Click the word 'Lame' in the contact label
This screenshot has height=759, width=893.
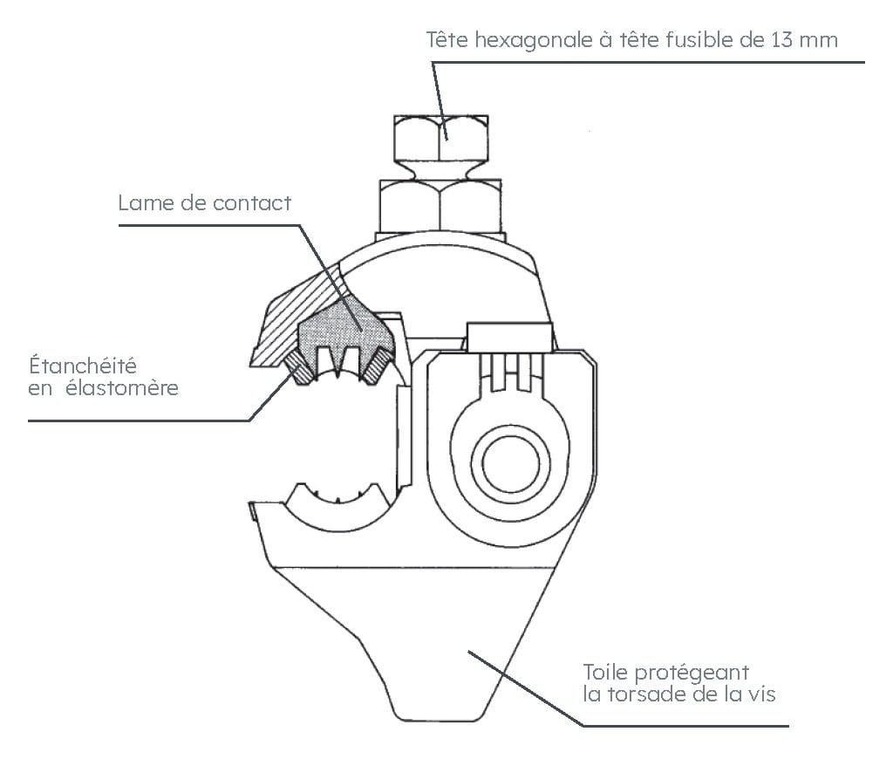click(x=147, y=203)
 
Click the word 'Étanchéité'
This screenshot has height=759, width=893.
click(x=83, y=366)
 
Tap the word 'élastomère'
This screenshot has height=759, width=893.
click(x=122, y=388)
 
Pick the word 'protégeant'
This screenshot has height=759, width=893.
click(x=692, y=674)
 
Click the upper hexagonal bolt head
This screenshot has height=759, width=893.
click(x=440, y=137)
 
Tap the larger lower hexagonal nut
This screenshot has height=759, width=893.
click(x=440, y=206)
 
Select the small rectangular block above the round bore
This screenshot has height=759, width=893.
click(x=509, y=338)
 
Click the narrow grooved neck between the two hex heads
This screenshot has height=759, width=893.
click(x=440, y=170)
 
